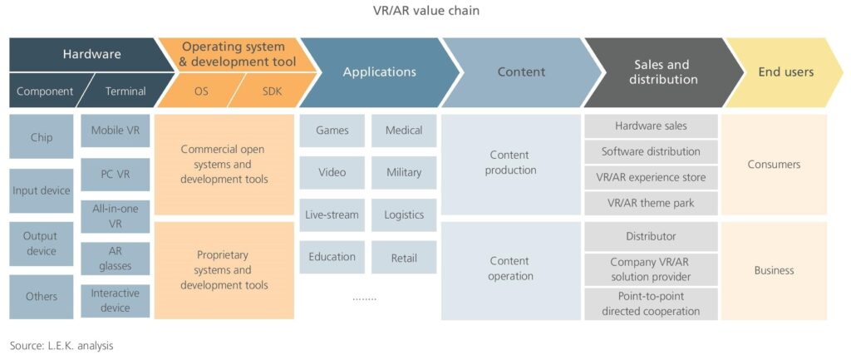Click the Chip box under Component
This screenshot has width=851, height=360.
tap(41, 136)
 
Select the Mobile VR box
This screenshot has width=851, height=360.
tap(116, 131)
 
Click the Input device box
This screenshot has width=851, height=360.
tap(41, 191)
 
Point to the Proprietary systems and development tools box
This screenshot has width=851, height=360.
tap(224, 270)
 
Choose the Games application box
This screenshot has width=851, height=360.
tap(332, 131)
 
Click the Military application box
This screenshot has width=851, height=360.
tap(404, 173)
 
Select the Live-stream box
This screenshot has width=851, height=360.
tap(332, 215)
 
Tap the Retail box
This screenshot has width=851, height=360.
tap(404, 258)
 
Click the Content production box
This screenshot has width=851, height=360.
tap(509, 163)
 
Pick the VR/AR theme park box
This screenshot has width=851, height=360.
tap(651, 203)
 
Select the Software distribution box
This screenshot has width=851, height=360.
tap(651, 152)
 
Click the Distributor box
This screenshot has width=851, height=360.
tap(651, 237)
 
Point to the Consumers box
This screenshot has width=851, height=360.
tap(774, 165)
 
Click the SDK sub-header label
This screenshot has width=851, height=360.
tap(271, 91)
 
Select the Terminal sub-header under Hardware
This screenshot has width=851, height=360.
tap(125, 91)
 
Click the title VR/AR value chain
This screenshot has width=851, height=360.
tap(425, 11)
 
